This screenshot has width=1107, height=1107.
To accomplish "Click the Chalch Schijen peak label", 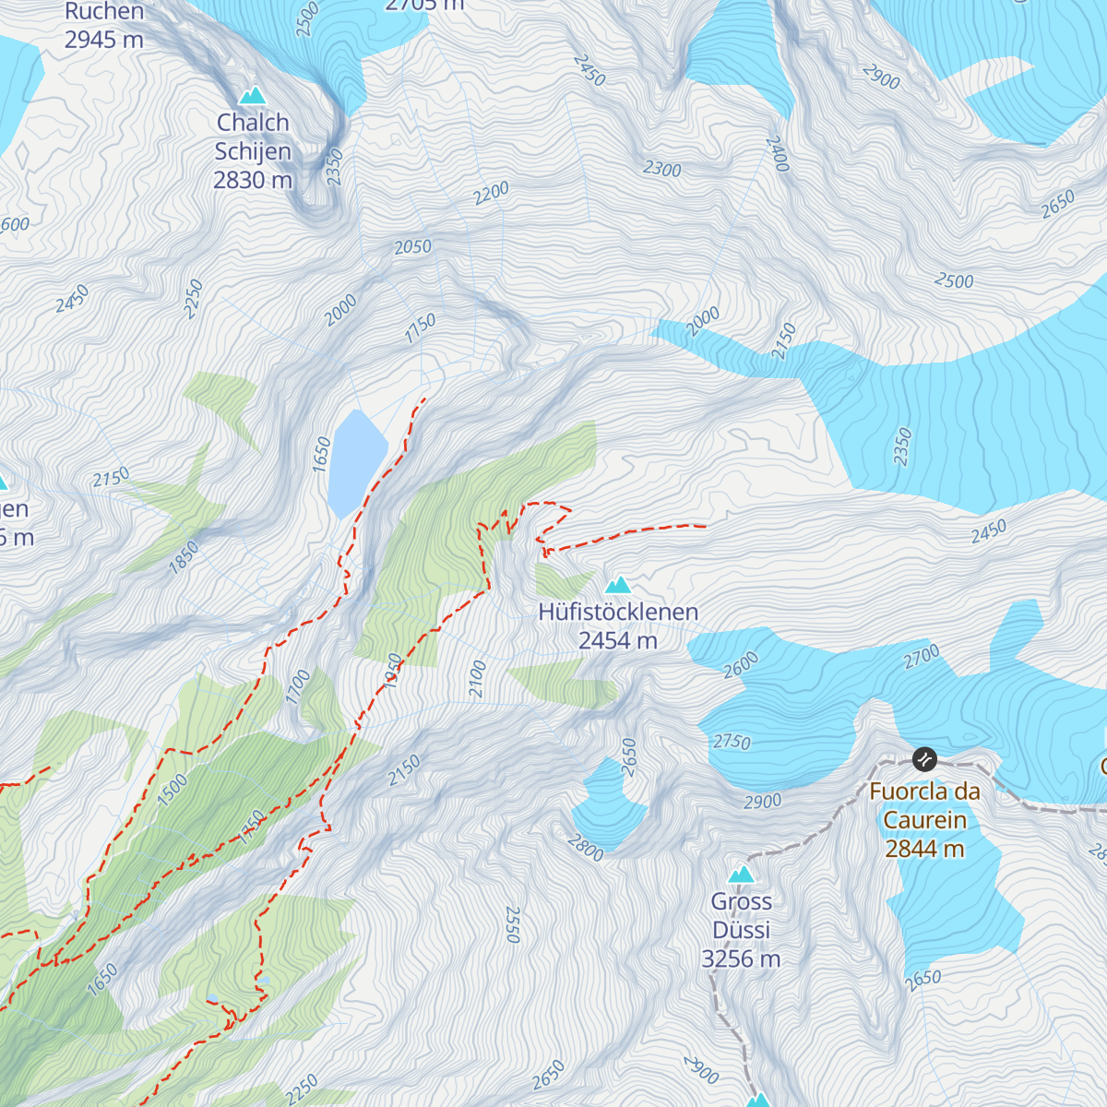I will click(x=253, y=150).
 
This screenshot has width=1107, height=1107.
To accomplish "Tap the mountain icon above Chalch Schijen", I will click(x=252, y=96).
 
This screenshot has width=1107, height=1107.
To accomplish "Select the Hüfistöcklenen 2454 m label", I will click(x=618, y=625).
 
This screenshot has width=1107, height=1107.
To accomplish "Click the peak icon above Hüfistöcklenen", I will click(x=617, y=585).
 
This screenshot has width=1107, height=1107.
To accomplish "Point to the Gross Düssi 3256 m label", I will click(x=741, y=930).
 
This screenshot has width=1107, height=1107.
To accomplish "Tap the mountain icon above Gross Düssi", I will click(x=741, y=875).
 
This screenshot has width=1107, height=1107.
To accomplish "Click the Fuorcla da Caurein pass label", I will click(x=924, y=819).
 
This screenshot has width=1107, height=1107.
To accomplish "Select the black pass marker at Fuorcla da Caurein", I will click(x=924, y=759).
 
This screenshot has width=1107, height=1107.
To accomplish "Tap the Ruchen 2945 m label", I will click(x=104, y=25).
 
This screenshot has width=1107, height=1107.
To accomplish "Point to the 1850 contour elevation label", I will click(x=184, y=559).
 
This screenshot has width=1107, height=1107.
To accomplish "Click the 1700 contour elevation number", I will click(x=298, y=688).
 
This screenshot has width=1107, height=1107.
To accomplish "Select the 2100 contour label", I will click(x=478, y=679).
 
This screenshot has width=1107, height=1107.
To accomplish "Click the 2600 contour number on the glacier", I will click(x=741, y=664).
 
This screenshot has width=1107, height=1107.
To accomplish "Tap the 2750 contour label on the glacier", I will click(x=732, y=742).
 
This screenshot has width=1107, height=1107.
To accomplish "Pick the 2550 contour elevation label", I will click(x=513, y=924).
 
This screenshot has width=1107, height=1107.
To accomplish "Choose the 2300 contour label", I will click(x=662, y=170).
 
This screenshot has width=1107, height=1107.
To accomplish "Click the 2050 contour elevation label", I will click(x=412, y=246).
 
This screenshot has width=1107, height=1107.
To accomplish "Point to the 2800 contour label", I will click(x=585, y=848).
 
